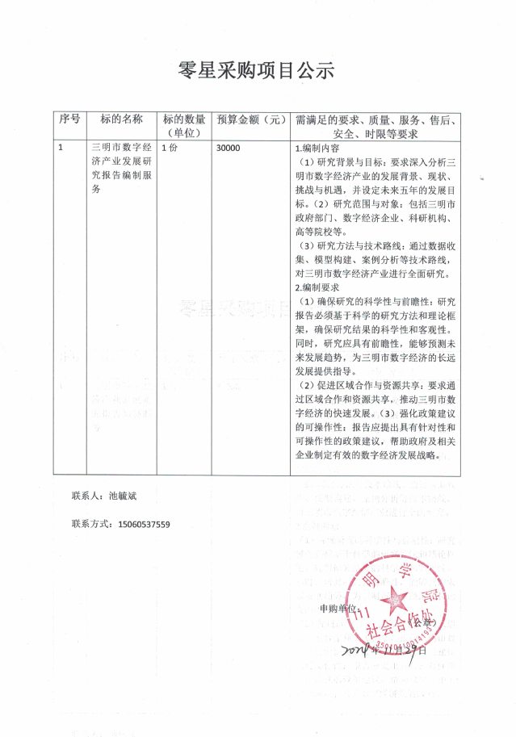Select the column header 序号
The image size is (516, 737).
click(69, 119)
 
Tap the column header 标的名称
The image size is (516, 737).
click(122, 119)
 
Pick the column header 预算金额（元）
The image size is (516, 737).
click(251, 119)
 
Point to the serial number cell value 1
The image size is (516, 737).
click(62, 149)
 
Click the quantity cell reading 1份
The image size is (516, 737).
click(170, 149)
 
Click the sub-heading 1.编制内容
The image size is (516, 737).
click(317, 149)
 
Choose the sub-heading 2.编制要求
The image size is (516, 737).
click(317, 287)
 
